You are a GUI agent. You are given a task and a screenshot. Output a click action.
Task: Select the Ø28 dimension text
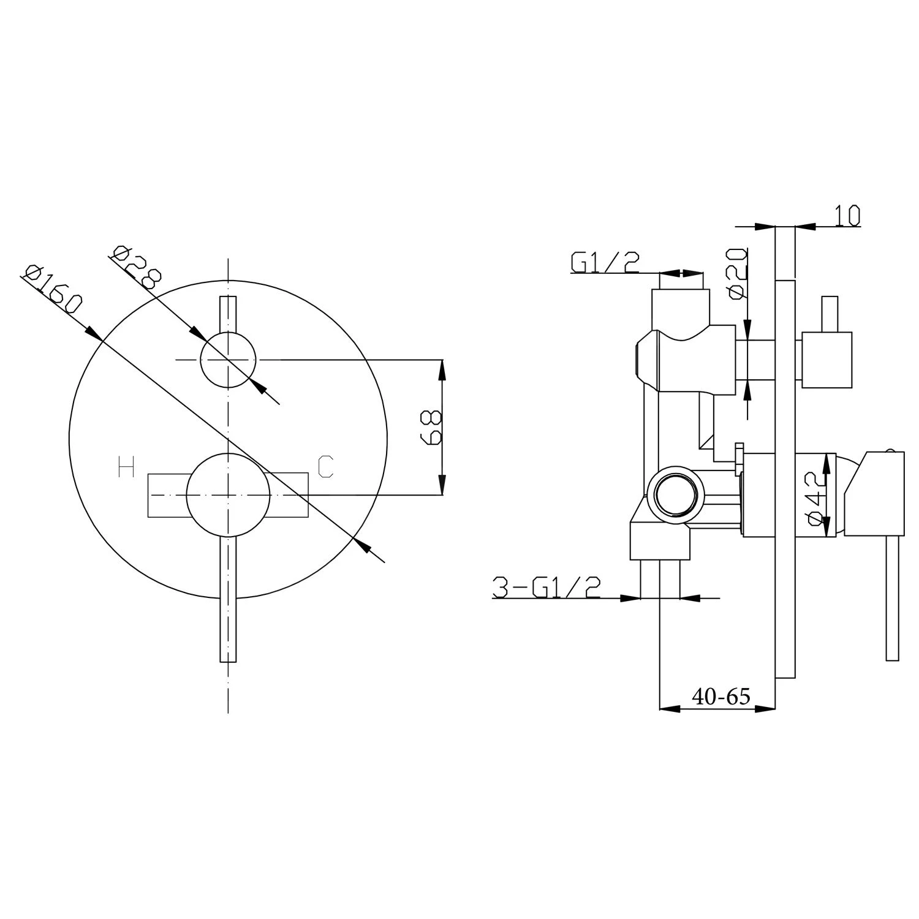click(x=137, y=267)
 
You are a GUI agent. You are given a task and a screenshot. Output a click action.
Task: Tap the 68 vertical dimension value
click(x=431, y=427)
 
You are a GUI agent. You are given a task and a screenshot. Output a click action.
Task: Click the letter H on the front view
click(x=126, y=467)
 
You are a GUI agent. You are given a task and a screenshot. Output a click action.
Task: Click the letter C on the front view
click(x=325, y=467)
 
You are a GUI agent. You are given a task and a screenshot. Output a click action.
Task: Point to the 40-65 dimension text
click(x=721, y=697)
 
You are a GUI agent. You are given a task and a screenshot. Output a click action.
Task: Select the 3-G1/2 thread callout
click(x=546, y=588)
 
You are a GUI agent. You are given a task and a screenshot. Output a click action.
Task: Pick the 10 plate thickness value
click(x=847, y=216)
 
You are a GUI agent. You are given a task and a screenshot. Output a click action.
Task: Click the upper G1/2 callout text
click(x=605, y=262)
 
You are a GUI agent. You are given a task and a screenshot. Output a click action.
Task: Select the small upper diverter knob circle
click(x=228, y=360)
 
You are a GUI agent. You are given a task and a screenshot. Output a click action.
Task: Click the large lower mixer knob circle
click(x=228, y=494)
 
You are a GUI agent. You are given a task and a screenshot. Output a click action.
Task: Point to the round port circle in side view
click(x=676, y=494)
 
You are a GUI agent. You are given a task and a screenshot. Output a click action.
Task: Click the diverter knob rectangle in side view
click(x=826, y=360)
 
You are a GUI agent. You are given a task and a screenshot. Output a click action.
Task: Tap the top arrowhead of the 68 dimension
click(x=442, y=368)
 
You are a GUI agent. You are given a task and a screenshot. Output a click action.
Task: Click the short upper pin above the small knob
click(x=228, y=314)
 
